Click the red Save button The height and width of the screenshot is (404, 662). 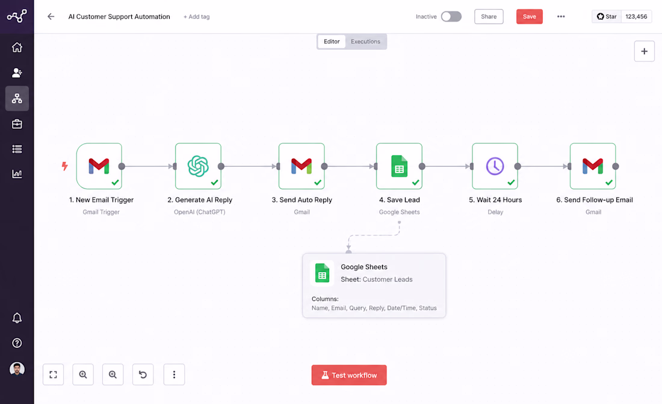point(529,16)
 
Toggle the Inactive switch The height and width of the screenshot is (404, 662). point(451,16)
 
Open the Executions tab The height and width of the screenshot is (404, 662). point(365,42)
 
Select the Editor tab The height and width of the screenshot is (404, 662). point(332,42)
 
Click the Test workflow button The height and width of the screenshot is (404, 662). point(348,375)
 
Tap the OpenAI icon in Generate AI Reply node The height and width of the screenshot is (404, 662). point(198,166)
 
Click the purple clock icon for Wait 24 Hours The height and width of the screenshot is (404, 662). point(495,166)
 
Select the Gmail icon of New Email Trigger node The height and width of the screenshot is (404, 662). point(99,166)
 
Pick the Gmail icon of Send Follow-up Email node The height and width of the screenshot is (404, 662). point(592,166)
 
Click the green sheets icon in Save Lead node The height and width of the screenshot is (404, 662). point(399,166)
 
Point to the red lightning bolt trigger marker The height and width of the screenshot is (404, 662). point(64,166)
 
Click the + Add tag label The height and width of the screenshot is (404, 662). point(196,17)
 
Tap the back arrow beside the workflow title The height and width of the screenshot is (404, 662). point(51,16)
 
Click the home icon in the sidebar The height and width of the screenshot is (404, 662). point(17,48)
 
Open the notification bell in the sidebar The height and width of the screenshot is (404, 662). point(17,318)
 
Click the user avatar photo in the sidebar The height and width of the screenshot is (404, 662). point(17,369)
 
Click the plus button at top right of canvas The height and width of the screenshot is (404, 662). point(645,51)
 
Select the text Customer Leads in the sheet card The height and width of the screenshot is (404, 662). point(387,279)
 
